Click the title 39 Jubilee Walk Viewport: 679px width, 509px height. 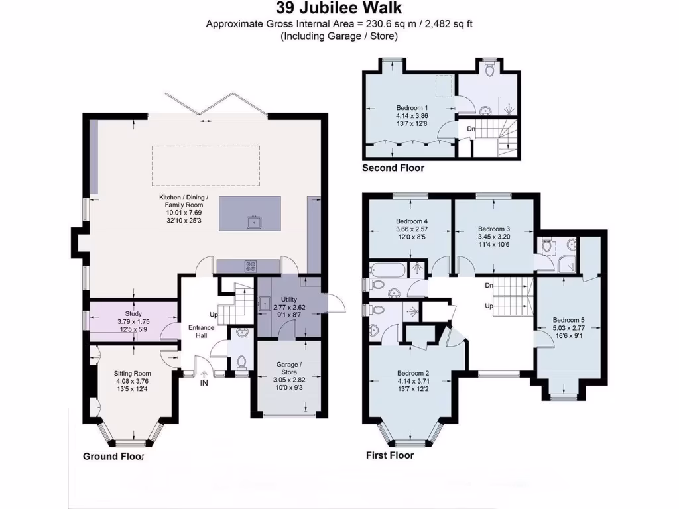tap(339, 9)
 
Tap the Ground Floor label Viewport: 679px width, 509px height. tap(113, 457)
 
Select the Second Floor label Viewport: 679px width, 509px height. tap(393, 168)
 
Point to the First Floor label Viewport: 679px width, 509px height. tap(390, 455)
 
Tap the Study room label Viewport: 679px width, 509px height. tap(133, 314)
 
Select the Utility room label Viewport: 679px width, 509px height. tap(290, 300)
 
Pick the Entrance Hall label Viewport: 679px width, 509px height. tap(202, 332)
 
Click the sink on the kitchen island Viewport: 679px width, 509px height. tap(253, 222)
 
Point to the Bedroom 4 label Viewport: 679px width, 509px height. tap(412, 221)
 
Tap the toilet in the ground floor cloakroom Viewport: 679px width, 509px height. tap(241, 362)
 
